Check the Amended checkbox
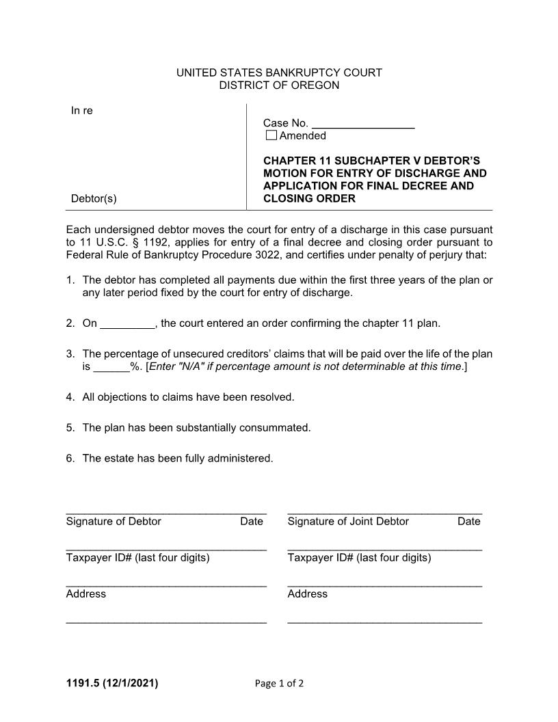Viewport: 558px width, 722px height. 271,135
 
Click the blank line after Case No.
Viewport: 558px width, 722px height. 363,124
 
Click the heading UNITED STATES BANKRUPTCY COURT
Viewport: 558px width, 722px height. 279,72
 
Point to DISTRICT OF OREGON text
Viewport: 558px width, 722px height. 279,85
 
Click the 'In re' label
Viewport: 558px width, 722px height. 81,111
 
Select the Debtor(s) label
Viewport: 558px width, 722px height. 94,199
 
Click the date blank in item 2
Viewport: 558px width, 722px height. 128,324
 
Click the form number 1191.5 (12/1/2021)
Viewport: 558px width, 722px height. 111,682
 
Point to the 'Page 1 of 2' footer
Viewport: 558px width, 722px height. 279,683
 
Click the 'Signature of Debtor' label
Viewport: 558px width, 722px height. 114,522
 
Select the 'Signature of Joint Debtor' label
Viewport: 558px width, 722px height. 348,522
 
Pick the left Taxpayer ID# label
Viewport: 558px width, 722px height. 137,558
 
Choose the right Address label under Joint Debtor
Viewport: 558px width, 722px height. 308,594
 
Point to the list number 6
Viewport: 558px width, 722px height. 70,458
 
